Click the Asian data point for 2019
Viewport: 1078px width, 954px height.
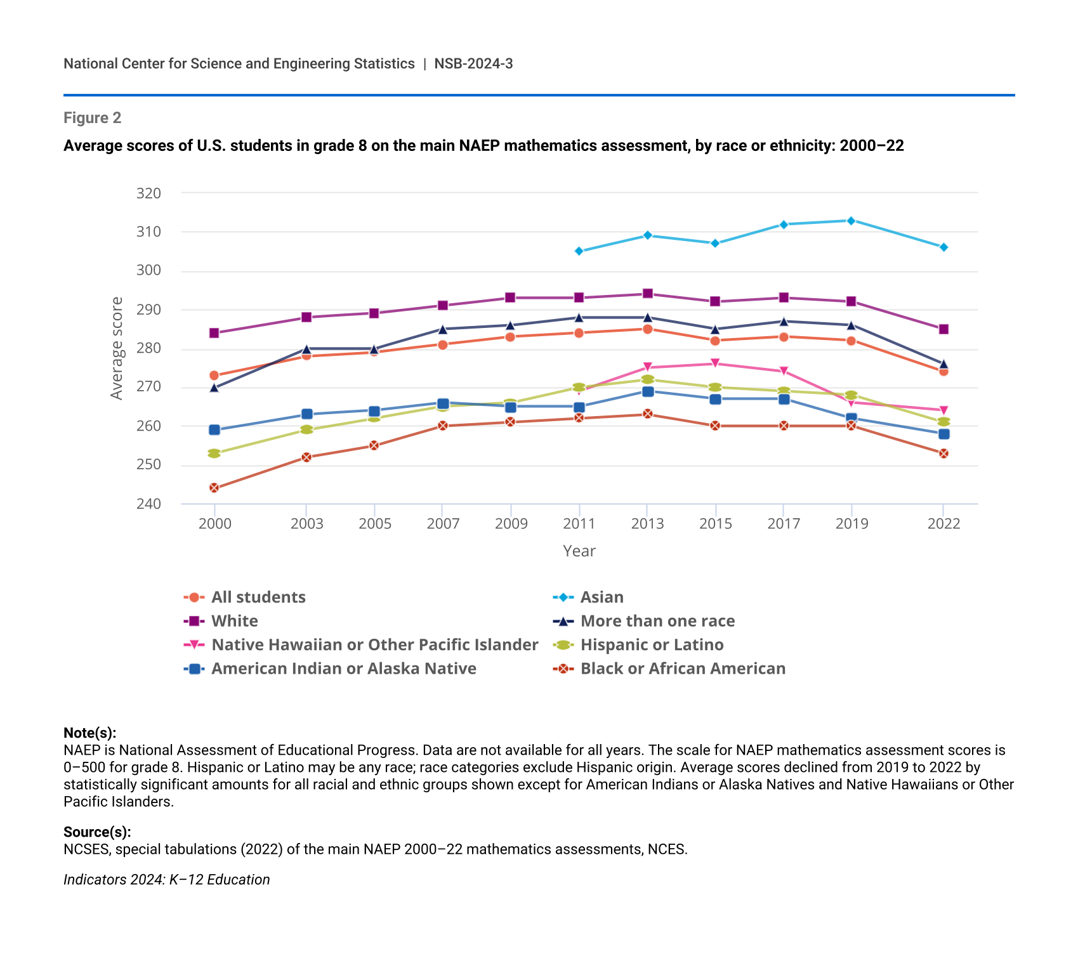[851, 221]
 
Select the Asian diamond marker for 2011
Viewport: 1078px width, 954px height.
[579, 251]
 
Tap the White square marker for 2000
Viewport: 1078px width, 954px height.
[214, 333]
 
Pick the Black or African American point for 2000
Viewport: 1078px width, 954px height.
[214, 488]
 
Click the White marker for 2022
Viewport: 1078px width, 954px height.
[943, 329]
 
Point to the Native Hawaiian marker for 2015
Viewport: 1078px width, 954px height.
[715, 363]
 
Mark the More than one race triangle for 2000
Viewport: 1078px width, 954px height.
[214, 388]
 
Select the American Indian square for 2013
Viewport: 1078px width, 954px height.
[647, 391]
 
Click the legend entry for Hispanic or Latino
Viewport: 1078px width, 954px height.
[652, 645]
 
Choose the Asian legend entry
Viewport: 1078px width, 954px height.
[601, 598]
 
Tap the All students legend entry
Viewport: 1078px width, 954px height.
[258, 598]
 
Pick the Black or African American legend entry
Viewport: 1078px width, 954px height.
[683, 669]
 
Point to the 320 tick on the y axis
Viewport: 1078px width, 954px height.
[148, 193]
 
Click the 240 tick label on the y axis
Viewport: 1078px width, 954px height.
[148, 504]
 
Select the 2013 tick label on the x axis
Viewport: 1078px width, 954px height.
[647, 524]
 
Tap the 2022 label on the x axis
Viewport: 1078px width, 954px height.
[943, 524]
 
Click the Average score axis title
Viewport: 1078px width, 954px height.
[117, 348]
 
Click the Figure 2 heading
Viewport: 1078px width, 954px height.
[93, 118]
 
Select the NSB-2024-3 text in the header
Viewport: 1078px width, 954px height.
[473, 63]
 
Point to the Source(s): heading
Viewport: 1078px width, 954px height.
[97, 832]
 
